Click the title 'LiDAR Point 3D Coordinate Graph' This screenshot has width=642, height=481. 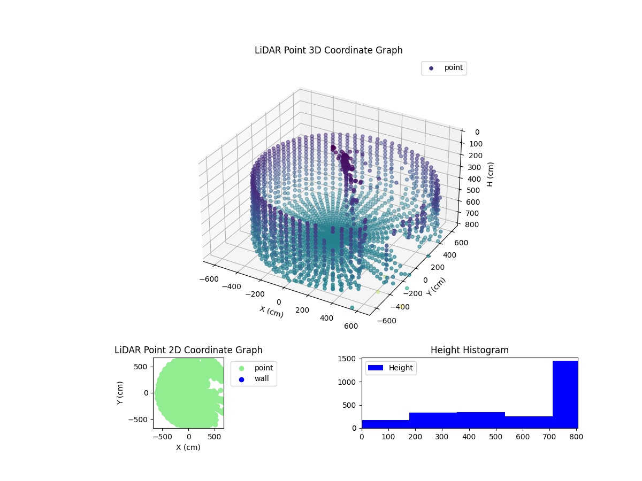328,50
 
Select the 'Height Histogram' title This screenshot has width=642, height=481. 469,350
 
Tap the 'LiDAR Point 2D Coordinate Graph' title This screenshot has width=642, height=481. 188,350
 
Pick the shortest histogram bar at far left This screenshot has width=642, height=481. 385,424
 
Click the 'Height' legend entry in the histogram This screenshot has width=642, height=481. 391,368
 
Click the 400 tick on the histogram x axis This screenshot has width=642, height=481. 469,436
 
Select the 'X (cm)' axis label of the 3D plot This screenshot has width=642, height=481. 272,312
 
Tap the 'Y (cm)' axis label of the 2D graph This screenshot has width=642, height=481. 120,392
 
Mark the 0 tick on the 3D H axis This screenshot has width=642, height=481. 477,132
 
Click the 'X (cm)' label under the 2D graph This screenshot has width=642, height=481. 188,447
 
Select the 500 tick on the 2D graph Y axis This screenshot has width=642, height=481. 143,366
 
